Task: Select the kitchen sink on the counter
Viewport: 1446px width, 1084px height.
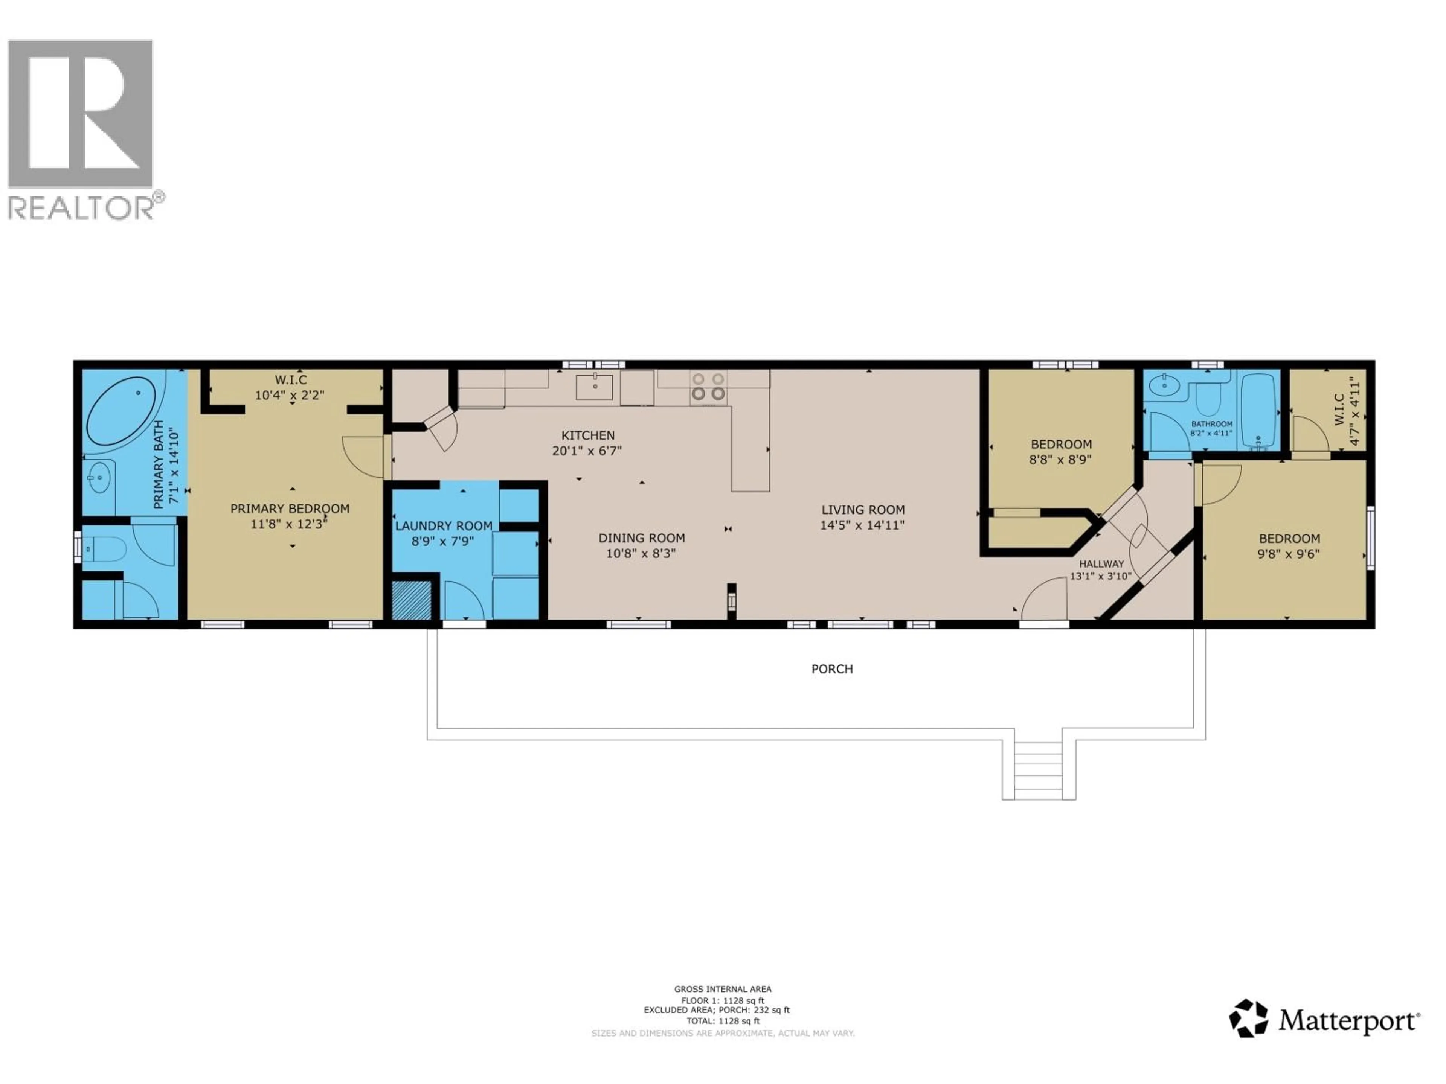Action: [x=593, y=387]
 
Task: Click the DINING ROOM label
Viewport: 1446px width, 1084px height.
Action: [x=641, y=538]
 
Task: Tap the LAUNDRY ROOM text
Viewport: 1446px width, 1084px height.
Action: [x=443, y=525]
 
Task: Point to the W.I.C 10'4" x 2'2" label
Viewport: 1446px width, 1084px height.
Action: [x=290, y=387]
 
